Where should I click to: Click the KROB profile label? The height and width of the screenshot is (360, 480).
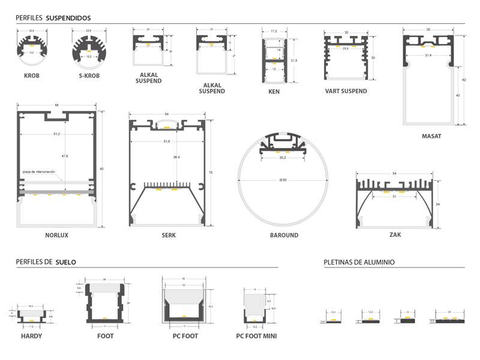(x=31, y=76)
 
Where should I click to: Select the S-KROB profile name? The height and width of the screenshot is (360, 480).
(x=89, y=76)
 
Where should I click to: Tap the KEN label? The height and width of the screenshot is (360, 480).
(x=274, y=92)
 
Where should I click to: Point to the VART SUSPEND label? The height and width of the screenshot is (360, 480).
(x=346, y=91)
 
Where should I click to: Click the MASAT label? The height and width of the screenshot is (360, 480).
(x=431, y=136)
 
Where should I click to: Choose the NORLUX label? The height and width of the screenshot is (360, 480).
(x=57, y=235)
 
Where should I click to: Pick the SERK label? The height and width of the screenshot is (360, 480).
(x=169, y=235)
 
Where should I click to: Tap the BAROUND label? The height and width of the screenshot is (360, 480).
(x=284, y=235)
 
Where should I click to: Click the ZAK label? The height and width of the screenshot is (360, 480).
(x=395, y=235)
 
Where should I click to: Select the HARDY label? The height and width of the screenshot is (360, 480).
(x=31, y=336)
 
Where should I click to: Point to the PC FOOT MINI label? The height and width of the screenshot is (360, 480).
(x=256, y=336)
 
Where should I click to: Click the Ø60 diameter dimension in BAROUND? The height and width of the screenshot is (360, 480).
(x=284, y=180)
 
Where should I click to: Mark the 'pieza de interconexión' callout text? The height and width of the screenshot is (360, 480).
(x=39, y=172)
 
